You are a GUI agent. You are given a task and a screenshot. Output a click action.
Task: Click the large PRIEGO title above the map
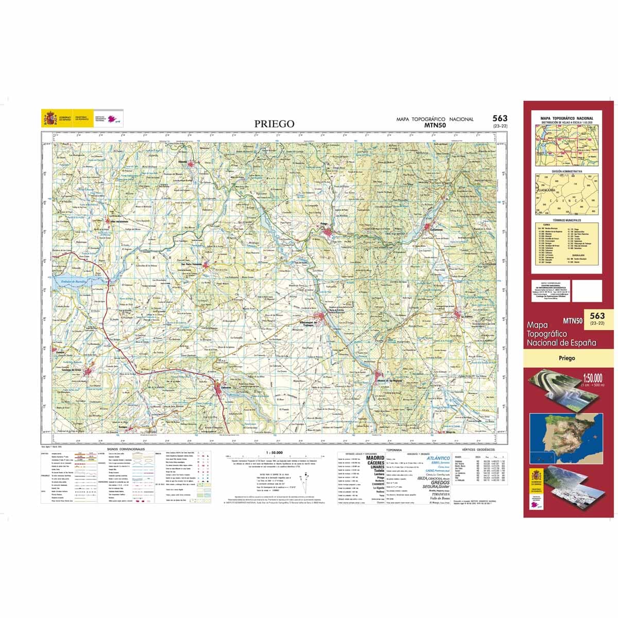[274, 124]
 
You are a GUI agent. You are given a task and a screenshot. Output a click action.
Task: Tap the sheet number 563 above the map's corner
[500, 118]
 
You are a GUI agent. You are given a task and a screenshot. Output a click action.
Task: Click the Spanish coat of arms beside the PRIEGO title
[50, 118]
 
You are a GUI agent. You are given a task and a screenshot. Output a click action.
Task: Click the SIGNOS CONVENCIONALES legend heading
[126, 449]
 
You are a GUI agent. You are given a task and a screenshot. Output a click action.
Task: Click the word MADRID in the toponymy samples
[375, 457]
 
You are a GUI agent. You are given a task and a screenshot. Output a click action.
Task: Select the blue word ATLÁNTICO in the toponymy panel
[438, 458]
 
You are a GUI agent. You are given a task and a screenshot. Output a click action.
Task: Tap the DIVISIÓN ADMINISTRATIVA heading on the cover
[567, 171]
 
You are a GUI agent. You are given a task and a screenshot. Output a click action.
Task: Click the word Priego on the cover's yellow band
[566, 358]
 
